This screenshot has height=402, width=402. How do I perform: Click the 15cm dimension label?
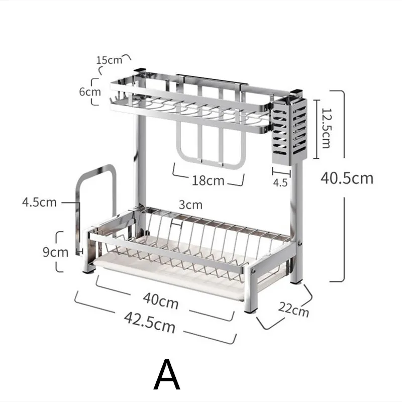click(x=109, y=60)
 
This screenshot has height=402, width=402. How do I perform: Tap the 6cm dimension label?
click(x=90, y=92)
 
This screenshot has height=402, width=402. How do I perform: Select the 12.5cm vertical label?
click(x=326, y=129)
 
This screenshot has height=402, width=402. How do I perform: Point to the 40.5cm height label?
click(x=347, y=178)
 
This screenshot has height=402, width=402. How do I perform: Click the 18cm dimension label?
click(x=208, y=180)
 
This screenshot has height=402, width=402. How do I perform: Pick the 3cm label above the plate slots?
click(x=190, y=205)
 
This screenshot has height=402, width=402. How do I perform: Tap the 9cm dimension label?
click(x=56, y=252)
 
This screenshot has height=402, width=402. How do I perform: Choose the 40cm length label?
click(x=161, y=301)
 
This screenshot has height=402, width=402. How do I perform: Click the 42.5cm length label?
click(x=150, y=323)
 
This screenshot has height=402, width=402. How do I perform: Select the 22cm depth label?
click(x=294, y=310)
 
